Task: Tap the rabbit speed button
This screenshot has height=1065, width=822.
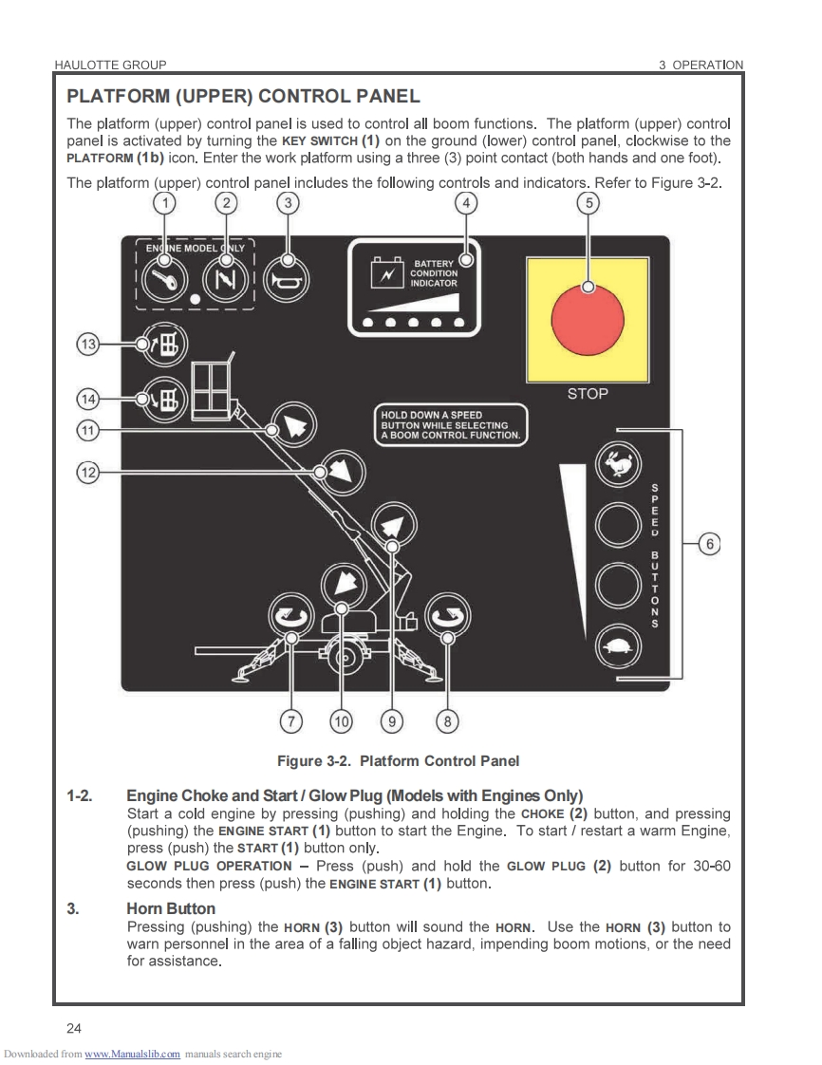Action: tap(619, 464)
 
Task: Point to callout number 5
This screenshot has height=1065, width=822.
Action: tap(588, 202)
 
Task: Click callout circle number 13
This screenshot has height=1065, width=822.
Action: tap(88, 345)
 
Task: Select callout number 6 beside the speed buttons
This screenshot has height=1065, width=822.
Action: tap(709, 544)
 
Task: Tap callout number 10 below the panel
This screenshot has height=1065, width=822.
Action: tap(340, 722)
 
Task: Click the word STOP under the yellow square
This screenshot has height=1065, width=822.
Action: tap(588, 394)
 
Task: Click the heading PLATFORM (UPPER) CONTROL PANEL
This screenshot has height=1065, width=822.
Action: tap(243, 97)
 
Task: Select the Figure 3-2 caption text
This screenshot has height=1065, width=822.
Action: tap(398, 761)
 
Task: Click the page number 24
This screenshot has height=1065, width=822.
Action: tap(74, 1028)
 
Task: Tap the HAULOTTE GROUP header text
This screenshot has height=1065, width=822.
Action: tap(111, 65)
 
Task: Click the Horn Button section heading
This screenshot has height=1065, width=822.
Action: tap(171, 908)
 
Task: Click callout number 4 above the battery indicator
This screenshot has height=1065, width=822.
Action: tap(465, 202)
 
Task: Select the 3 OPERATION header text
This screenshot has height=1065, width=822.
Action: tap(701, 65)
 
